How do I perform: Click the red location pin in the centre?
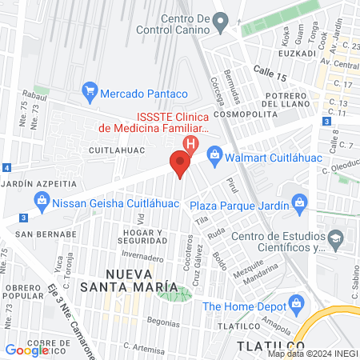tap(180, 165)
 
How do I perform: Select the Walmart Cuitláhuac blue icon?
tap(214, 153)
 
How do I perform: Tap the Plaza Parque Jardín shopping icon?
tap(298, 201)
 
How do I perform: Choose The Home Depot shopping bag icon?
tap(297, 304)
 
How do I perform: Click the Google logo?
tap(26, 350)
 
